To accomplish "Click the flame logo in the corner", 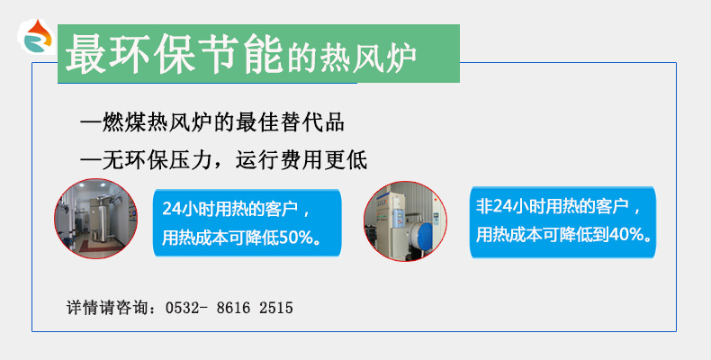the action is pos(37,36).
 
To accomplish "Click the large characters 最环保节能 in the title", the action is pos(175,54).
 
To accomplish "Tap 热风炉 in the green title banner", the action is pos(368,58).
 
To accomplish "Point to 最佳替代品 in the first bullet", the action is pos(290,123).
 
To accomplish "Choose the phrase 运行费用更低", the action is pos(301,160).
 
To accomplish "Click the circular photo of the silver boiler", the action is pos(95,219).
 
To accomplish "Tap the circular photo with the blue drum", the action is pos(405,221).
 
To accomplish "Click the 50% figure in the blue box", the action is pos(293,238).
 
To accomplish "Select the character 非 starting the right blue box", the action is pos(483,207).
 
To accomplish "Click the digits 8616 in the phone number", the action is pos(233,308).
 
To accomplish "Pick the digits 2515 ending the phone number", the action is pos(276,308).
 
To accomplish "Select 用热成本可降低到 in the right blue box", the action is pos(543,235).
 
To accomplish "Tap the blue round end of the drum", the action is pos(425,235).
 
